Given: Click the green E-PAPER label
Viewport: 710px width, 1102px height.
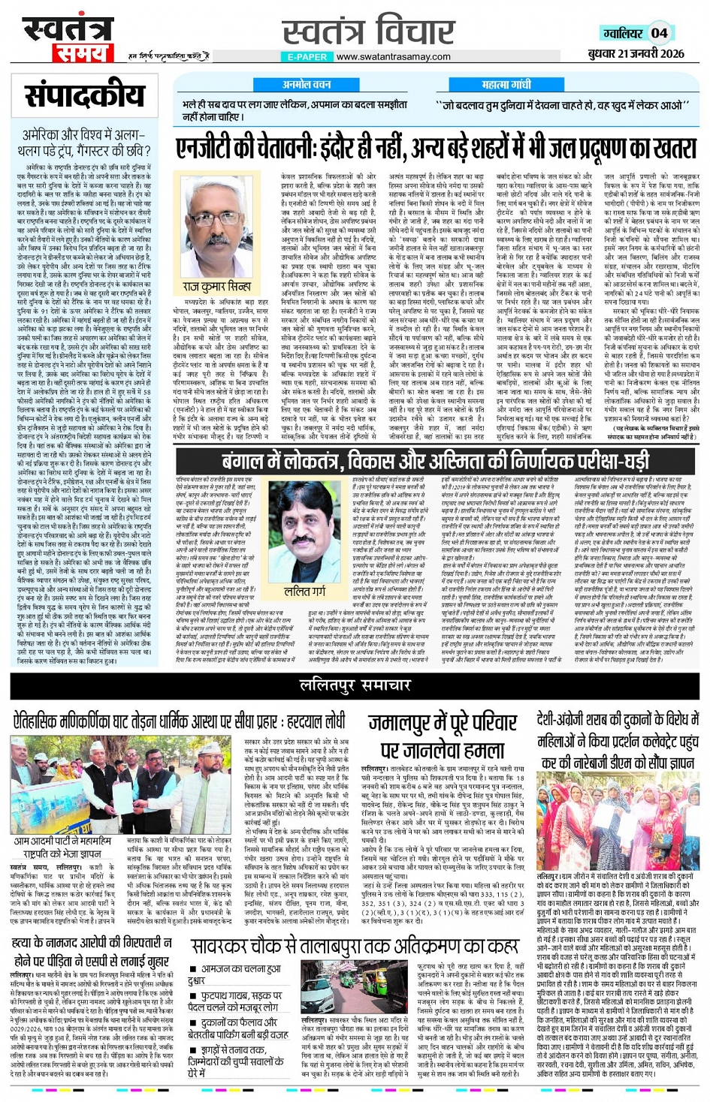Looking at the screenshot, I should pyautogui.click(x=307, y=56).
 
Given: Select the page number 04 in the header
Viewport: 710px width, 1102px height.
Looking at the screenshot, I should pyautogui.click(x=659, y=33).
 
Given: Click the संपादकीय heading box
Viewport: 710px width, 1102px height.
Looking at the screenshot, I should pyautogui.click(x=84, y=95).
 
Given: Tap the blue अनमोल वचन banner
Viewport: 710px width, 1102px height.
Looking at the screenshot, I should pyautogui.click(x=307, y=85).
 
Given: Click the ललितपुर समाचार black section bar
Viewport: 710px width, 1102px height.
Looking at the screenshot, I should pyautogui.click(x=355, y=685).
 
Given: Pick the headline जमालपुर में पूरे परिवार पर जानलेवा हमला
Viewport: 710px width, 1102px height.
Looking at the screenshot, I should pyautogui.click(x=443, y=736).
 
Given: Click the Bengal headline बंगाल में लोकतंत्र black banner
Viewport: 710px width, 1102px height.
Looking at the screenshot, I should pyautogui.click(x=435, y=460).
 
